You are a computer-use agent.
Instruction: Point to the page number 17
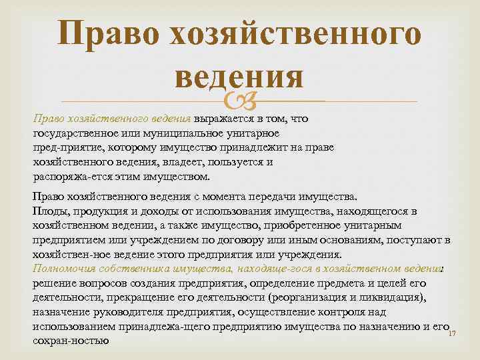click(451, 333)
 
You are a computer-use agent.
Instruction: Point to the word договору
click(256, 239)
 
